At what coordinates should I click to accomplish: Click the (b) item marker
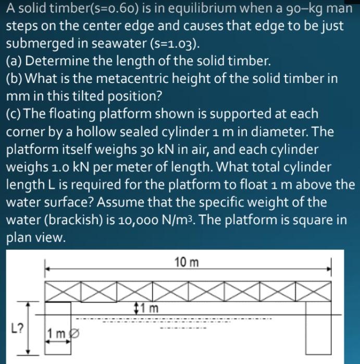(14, 79)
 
